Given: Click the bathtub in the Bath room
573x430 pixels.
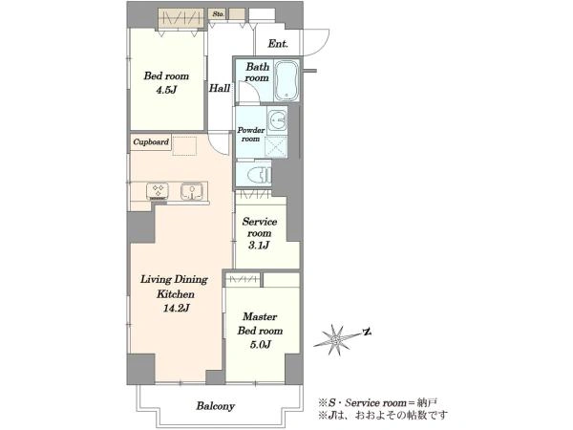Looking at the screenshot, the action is coord(286,81).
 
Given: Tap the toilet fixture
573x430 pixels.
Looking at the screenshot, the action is coord(260,175).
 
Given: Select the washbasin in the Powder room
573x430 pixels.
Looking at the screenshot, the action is coord(277,120).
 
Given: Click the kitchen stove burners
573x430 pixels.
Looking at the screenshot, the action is coord(158,191).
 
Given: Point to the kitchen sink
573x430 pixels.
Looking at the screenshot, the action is coord(192,191).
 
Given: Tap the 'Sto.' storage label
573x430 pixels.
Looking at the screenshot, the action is coord(218,14).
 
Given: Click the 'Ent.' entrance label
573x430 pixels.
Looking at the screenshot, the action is coord(278,44).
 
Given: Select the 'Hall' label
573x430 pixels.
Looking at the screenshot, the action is coord(220,88).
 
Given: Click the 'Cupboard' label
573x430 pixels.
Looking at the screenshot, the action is coord(151,141).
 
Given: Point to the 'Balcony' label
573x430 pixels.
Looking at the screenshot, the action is coord(216,406).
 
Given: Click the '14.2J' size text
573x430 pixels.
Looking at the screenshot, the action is coord(176,309).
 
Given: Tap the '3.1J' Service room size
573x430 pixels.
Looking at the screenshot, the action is coord(259,245).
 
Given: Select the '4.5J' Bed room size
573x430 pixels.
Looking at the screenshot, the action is coord(166,90).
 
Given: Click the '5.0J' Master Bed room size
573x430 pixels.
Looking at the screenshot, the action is coord(260,344).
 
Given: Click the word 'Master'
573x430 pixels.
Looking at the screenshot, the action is coord(260,316).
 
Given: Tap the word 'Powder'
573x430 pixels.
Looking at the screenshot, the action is coord(251,130).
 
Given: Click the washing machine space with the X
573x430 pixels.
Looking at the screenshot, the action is coord(276,147).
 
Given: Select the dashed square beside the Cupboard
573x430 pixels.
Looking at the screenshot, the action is coord(184,146).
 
